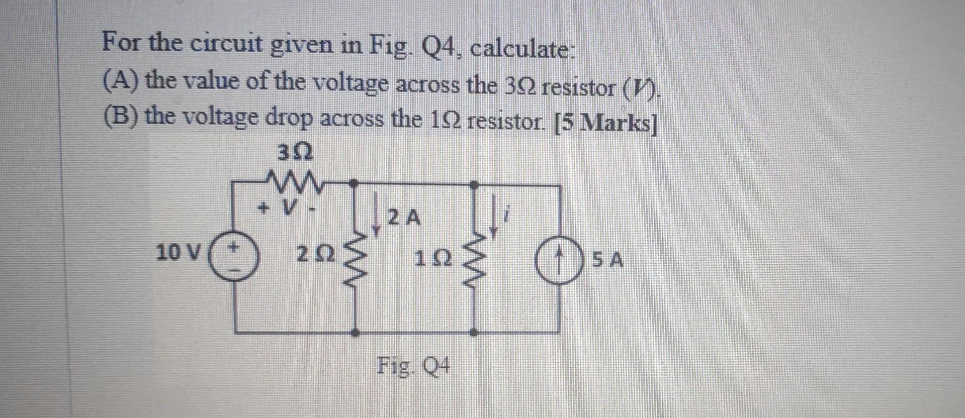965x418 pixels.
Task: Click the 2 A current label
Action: pyautogui.click(x=404, y=218)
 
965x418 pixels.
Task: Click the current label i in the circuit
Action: pyautogui.click(x=508, y=217)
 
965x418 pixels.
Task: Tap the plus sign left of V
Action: pyautogui.click(x=261, y=206)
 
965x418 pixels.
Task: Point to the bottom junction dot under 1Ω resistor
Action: pyautogui.click(x=473, y=332)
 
